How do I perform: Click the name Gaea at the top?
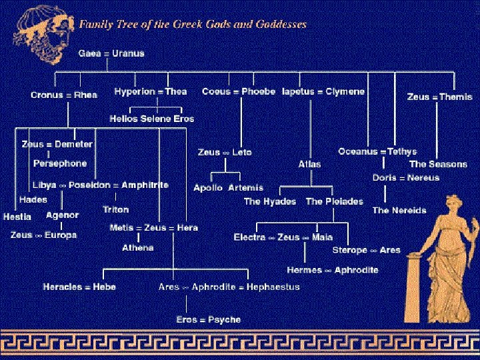pos(91,53)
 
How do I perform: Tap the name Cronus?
pos(47,95)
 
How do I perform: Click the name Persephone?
pos(60,163)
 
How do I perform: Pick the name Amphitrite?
pos(145,185)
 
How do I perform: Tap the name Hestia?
pos(17,217)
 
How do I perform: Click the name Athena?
pos(138,248)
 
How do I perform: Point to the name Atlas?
pos(309,164)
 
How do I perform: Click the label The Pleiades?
pos(335,201)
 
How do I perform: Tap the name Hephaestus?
pos(273,287)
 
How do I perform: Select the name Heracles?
pos(63,287)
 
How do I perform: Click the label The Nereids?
pos(399,210)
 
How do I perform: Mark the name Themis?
pos(456,97)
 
